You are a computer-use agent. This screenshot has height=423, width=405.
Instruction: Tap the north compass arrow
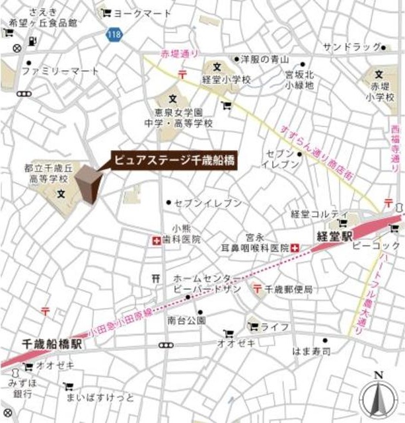tap(378, 397)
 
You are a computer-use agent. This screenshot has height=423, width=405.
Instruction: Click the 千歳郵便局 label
tap(289, 289)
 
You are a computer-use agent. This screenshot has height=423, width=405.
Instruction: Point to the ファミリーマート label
tap(60, 71)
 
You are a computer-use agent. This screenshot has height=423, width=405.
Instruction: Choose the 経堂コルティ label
tap(319, 213)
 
